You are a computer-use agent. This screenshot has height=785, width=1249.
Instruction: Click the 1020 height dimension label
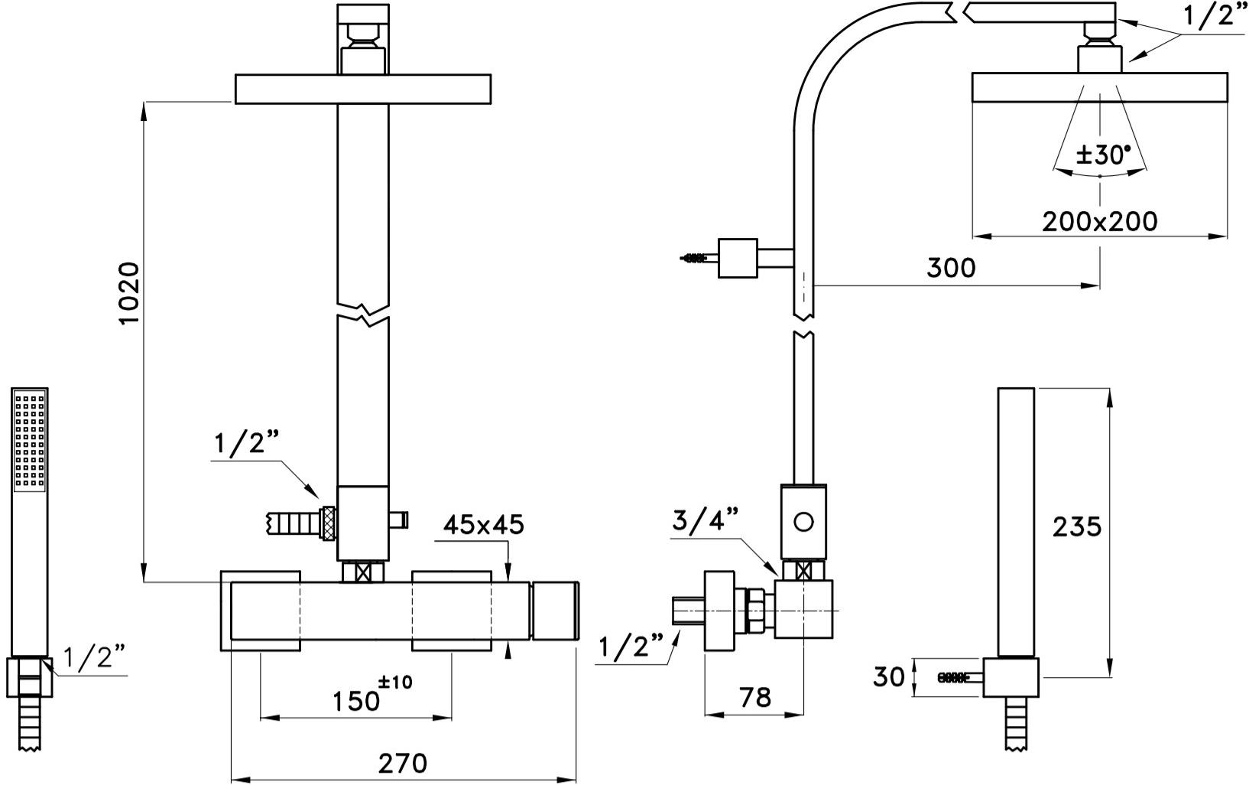(x=129, y=294)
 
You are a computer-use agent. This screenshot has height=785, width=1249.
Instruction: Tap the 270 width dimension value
(x=403, y=763)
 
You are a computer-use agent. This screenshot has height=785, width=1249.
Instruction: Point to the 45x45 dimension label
(x=485, y=524)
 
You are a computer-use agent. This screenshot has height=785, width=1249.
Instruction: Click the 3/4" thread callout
(x=706, y=521)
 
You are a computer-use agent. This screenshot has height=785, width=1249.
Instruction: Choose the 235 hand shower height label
(x=1076, y=526)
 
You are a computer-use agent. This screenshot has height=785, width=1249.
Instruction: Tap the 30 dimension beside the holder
(x=889, y=676)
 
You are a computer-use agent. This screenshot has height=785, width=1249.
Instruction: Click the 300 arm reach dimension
(x=951, y=268)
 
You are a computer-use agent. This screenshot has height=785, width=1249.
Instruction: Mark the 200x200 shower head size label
(x=1099, y=221)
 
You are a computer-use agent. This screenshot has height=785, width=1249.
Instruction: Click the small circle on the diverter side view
(x=803, y=523)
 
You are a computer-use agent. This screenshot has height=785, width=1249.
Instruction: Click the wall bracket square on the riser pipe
(x=737, y=258)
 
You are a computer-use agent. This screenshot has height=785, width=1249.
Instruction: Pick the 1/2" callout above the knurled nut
(x=247, y=445)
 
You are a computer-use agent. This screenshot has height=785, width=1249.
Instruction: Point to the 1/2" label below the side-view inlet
(x=632, y=647)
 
